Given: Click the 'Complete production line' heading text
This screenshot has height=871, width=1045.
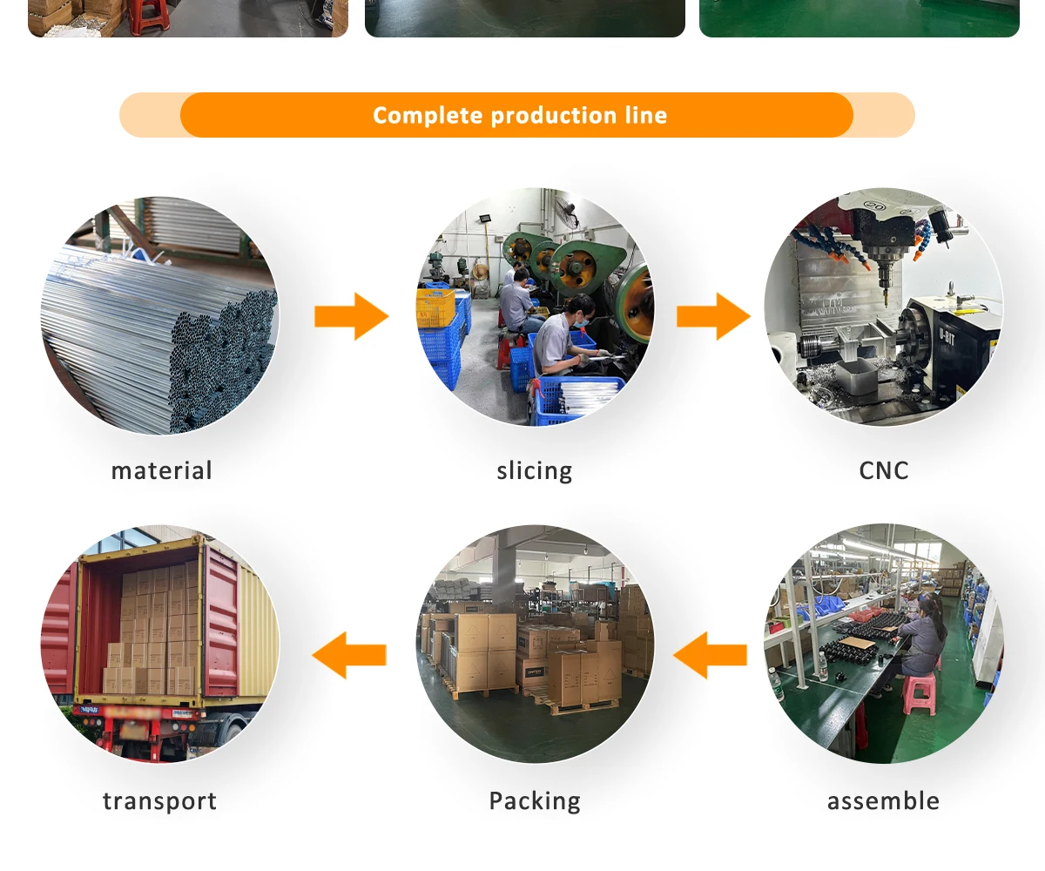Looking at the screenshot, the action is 520,115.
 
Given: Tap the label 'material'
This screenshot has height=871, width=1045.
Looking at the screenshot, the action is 161,471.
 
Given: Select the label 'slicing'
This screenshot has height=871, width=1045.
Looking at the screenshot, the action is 534,471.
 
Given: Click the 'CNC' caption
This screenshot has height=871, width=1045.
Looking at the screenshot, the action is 883,471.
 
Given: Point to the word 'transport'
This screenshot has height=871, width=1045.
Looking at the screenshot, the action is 159,801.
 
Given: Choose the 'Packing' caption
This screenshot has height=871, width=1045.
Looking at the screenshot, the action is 534,801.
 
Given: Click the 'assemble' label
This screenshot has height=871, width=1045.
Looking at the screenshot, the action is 883,801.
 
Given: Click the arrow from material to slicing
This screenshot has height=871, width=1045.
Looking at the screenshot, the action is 351,316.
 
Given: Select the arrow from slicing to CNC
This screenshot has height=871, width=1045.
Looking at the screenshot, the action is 712,316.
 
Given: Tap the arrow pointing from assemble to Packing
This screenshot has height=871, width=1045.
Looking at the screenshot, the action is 710,655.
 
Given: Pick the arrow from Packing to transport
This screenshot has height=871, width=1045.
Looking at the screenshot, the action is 349,655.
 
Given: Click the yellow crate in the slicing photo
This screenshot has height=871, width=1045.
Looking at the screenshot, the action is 435,307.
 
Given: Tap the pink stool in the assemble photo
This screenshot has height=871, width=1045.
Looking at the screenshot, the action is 919,693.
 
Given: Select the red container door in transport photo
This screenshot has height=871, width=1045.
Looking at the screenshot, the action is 220,623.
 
